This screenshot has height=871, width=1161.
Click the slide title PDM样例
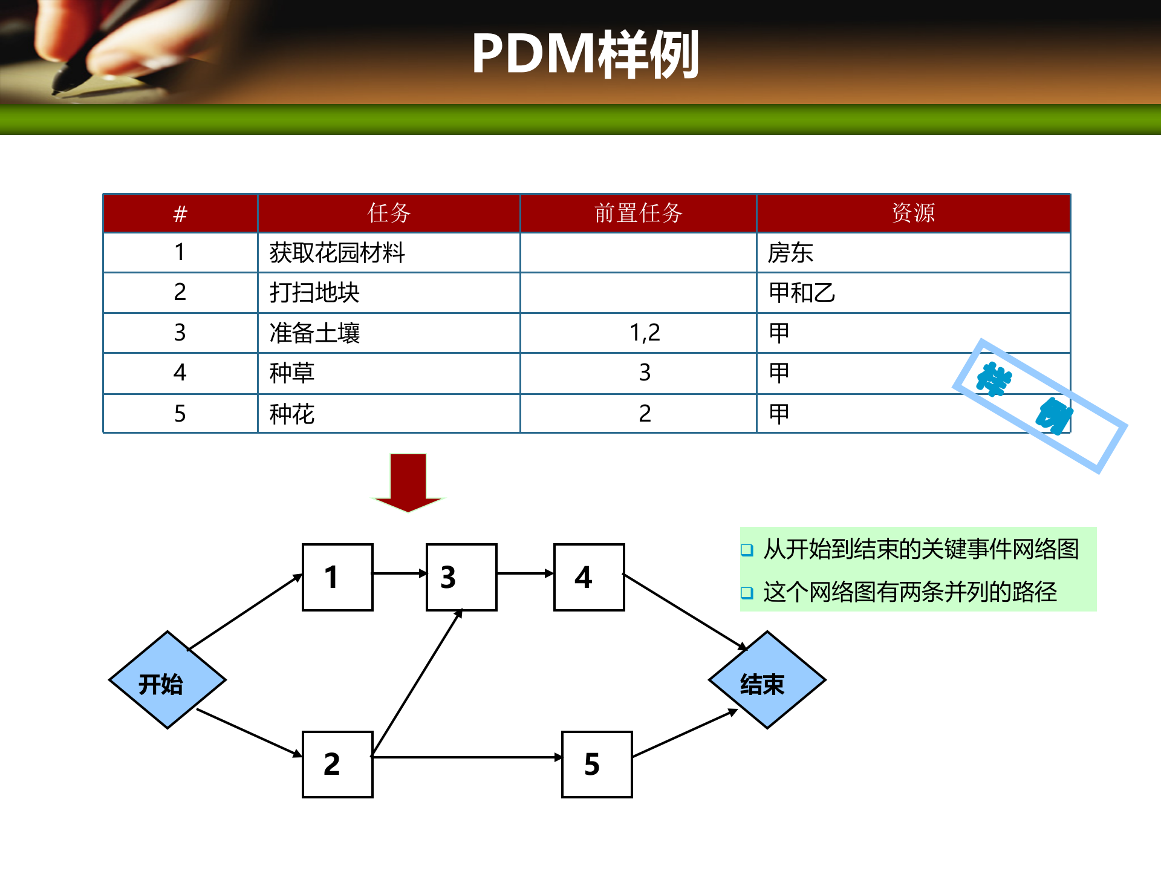585,54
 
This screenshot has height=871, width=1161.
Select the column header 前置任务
638,213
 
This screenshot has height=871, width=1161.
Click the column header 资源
913,213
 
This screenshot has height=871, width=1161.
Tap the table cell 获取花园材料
337,253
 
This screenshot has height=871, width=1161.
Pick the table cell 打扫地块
314,293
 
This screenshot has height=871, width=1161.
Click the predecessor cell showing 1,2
645,333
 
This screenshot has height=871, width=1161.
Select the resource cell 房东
790,253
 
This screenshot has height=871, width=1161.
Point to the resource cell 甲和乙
801,293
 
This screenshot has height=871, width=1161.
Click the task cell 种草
292,373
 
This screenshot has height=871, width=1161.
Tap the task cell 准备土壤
314,333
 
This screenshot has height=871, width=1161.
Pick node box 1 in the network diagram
337,577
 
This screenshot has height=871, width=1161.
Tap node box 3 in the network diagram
461,577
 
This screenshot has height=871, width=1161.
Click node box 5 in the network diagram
597,764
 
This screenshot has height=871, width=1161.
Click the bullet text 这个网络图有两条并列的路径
909,592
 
